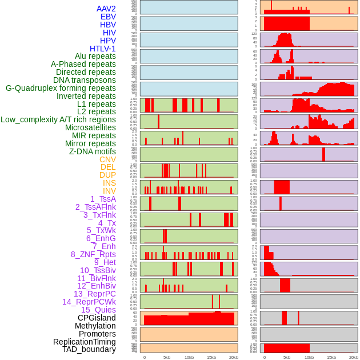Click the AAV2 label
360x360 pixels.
pyautogui.click(x=106, y=9)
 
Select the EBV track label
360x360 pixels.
pyautogui.click(x=108, y=17)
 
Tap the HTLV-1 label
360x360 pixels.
pyautogui.click(x=102, y=49)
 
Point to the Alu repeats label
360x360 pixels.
pyautogui.click(x=95, y=56)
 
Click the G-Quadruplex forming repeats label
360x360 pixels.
pyautogui.click(x=61, y=88)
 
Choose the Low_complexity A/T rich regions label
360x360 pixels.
pyautogui.click(x=58, y=119)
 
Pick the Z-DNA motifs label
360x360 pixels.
pyautogui.click(x=93, y=151)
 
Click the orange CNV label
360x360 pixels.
pyautogui.click(x=107, y=159)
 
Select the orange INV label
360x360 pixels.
pyautogui.click(x=109, y=191)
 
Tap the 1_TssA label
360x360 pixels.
pyautogui.click(x=103, y=199)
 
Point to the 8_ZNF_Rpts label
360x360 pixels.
pyautogui.click(x=93, y=254)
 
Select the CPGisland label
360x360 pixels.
pyautogui.click(x=97, y=318)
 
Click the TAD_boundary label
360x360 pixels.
pyautogui.click(x=89, y=349)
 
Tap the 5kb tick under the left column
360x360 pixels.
pyautogui.click(x=167, y=357)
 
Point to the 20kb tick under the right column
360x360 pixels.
pyautogui.click(x=354, y=357)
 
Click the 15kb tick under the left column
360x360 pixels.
pyautogui.click(x=211, y=357)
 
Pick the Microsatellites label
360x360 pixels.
pyautogui.click(x=90, y=127)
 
